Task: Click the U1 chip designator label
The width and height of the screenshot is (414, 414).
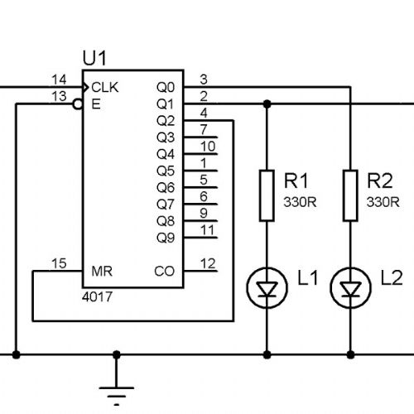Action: point(94,58)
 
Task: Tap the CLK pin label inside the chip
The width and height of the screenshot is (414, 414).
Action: point(105,88)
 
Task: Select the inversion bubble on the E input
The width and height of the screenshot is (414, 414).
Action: point(78,104)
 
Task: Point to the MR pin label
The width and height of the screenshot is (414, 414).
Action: point(102,272)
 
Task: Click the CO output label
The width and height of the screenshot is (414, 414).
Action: point(165,272)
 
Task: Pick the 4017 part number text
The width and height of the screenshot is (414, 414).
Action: point(97,297)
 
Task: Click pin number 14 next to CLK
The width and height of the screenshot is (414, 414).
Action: point(59,79)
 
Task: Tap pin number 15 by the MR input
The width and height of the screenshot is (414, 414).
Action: point(59,263)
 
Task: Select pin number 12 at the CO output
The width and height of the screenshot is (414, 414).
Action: point(208,263)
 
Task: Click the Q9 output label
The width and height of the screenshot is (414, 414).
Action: point(166,238)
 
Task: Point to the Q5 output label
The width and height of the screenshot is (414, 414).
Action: point(166,171)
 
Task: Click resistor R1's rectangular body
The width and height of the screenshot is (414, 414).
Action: point(267,195)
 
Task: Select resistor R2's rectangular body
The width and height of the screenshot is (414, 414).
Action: point(350,195)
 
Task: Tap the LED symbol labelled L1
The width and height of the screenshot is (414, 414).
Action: point(267,288)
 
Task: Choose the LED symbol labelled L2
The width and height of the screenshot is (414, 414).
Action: point(350,288)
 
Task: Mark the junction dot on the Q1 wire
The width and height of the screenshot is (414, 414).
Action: point(267,104)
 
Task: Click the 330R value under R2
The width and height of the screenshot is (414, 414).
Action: point(383,202)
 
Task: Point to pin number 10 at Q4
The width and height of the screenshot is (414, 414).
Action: point(208,147)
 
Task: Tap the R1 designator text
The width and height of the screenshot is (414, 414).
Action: point(296,181)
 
